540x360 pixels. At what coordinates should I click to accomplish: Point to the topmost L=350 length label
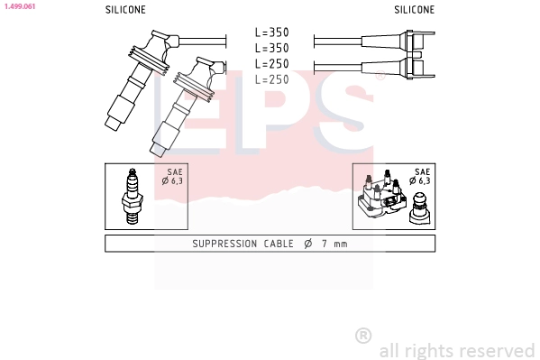click(271, 32)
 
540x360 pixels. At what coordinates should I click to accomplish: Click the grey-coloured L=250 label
click(271, 79)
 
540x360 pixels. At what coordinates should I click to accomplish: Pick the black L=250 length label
click(271, 63)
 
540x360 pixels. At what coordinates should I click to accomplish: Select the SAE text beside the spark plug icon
click(174, 171)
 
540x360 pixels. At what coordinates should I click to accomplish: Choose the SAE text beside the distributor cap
click(421, 171)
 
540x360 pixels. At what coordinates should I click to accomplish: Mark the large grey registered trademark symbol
click(363, 335)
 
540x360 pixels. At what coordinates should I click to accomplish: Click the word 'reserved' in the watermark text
click(498, 350)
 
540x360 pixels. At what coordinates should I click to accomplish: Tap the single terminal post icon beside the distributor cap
click(419, 208)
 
